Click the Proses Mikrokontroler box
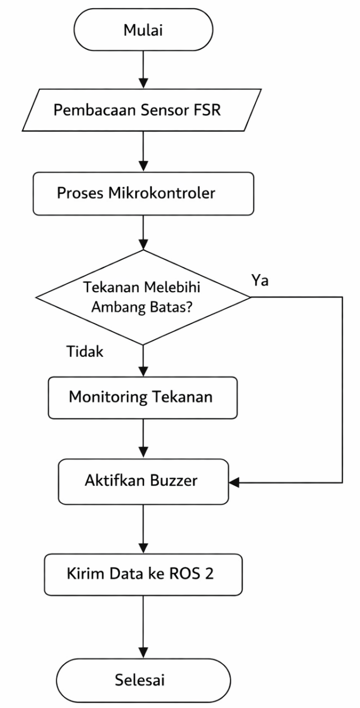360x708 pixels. [143, 193]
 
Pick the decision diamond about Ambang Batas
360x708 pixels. [143, 296]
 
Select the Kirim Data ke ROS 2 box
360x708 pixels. [143, 573]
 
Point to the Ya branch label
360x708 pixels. [260, 281]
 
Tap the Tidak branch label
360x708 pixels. [86, 352]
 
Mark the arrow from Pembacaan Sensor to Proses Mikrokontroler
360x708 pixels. [143, 152]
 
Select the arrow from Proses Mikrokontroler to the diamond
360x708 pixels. [143, 232]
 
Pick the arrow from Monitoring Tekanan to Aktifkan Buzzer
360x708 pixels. [143, 439]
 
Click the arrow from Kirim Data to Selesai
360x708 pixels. [143, 626]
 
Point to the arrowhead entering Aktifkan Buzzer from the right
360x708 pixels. [234, 483]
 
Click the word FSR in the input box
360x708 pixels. [208, 110]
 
